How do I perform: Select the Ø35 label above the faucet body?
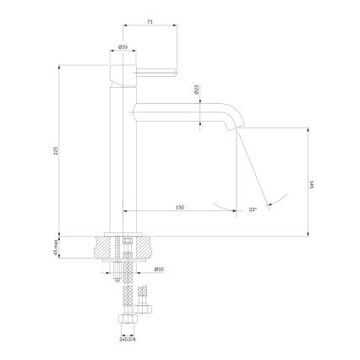click(x=123, y=47)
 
